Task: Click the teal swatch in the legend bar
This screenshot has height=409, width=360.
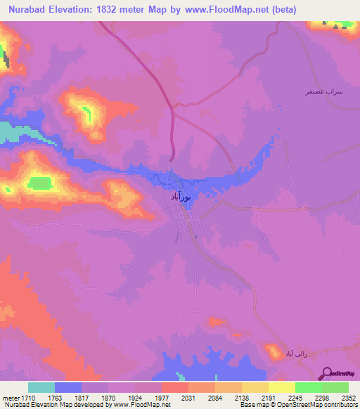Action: pos(41,387)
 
